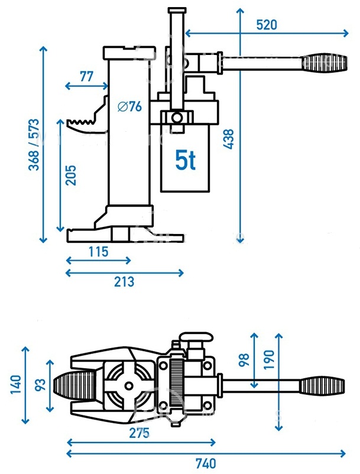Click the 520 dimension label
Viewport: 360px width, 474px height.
[x=266, y=24]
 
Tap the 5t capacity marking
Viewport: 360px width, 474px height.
[x=185, y=160]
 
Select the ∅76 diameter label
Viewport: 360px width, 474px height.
[x=129, y=106]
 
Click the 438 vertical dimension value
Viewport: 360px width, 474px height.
[x=229, y=139]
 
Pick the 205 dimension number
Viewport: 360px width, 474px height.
[x=71, y=175]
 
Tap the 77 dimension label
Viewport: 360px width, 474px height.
[x=87, y=76]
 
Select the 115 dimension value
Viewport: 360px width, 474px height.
[x=99, y=252]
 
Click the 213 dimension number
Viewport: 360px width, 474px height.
[x=124, y=282]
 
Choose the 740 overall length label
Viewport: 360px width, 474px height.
[x=206, y=463]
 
